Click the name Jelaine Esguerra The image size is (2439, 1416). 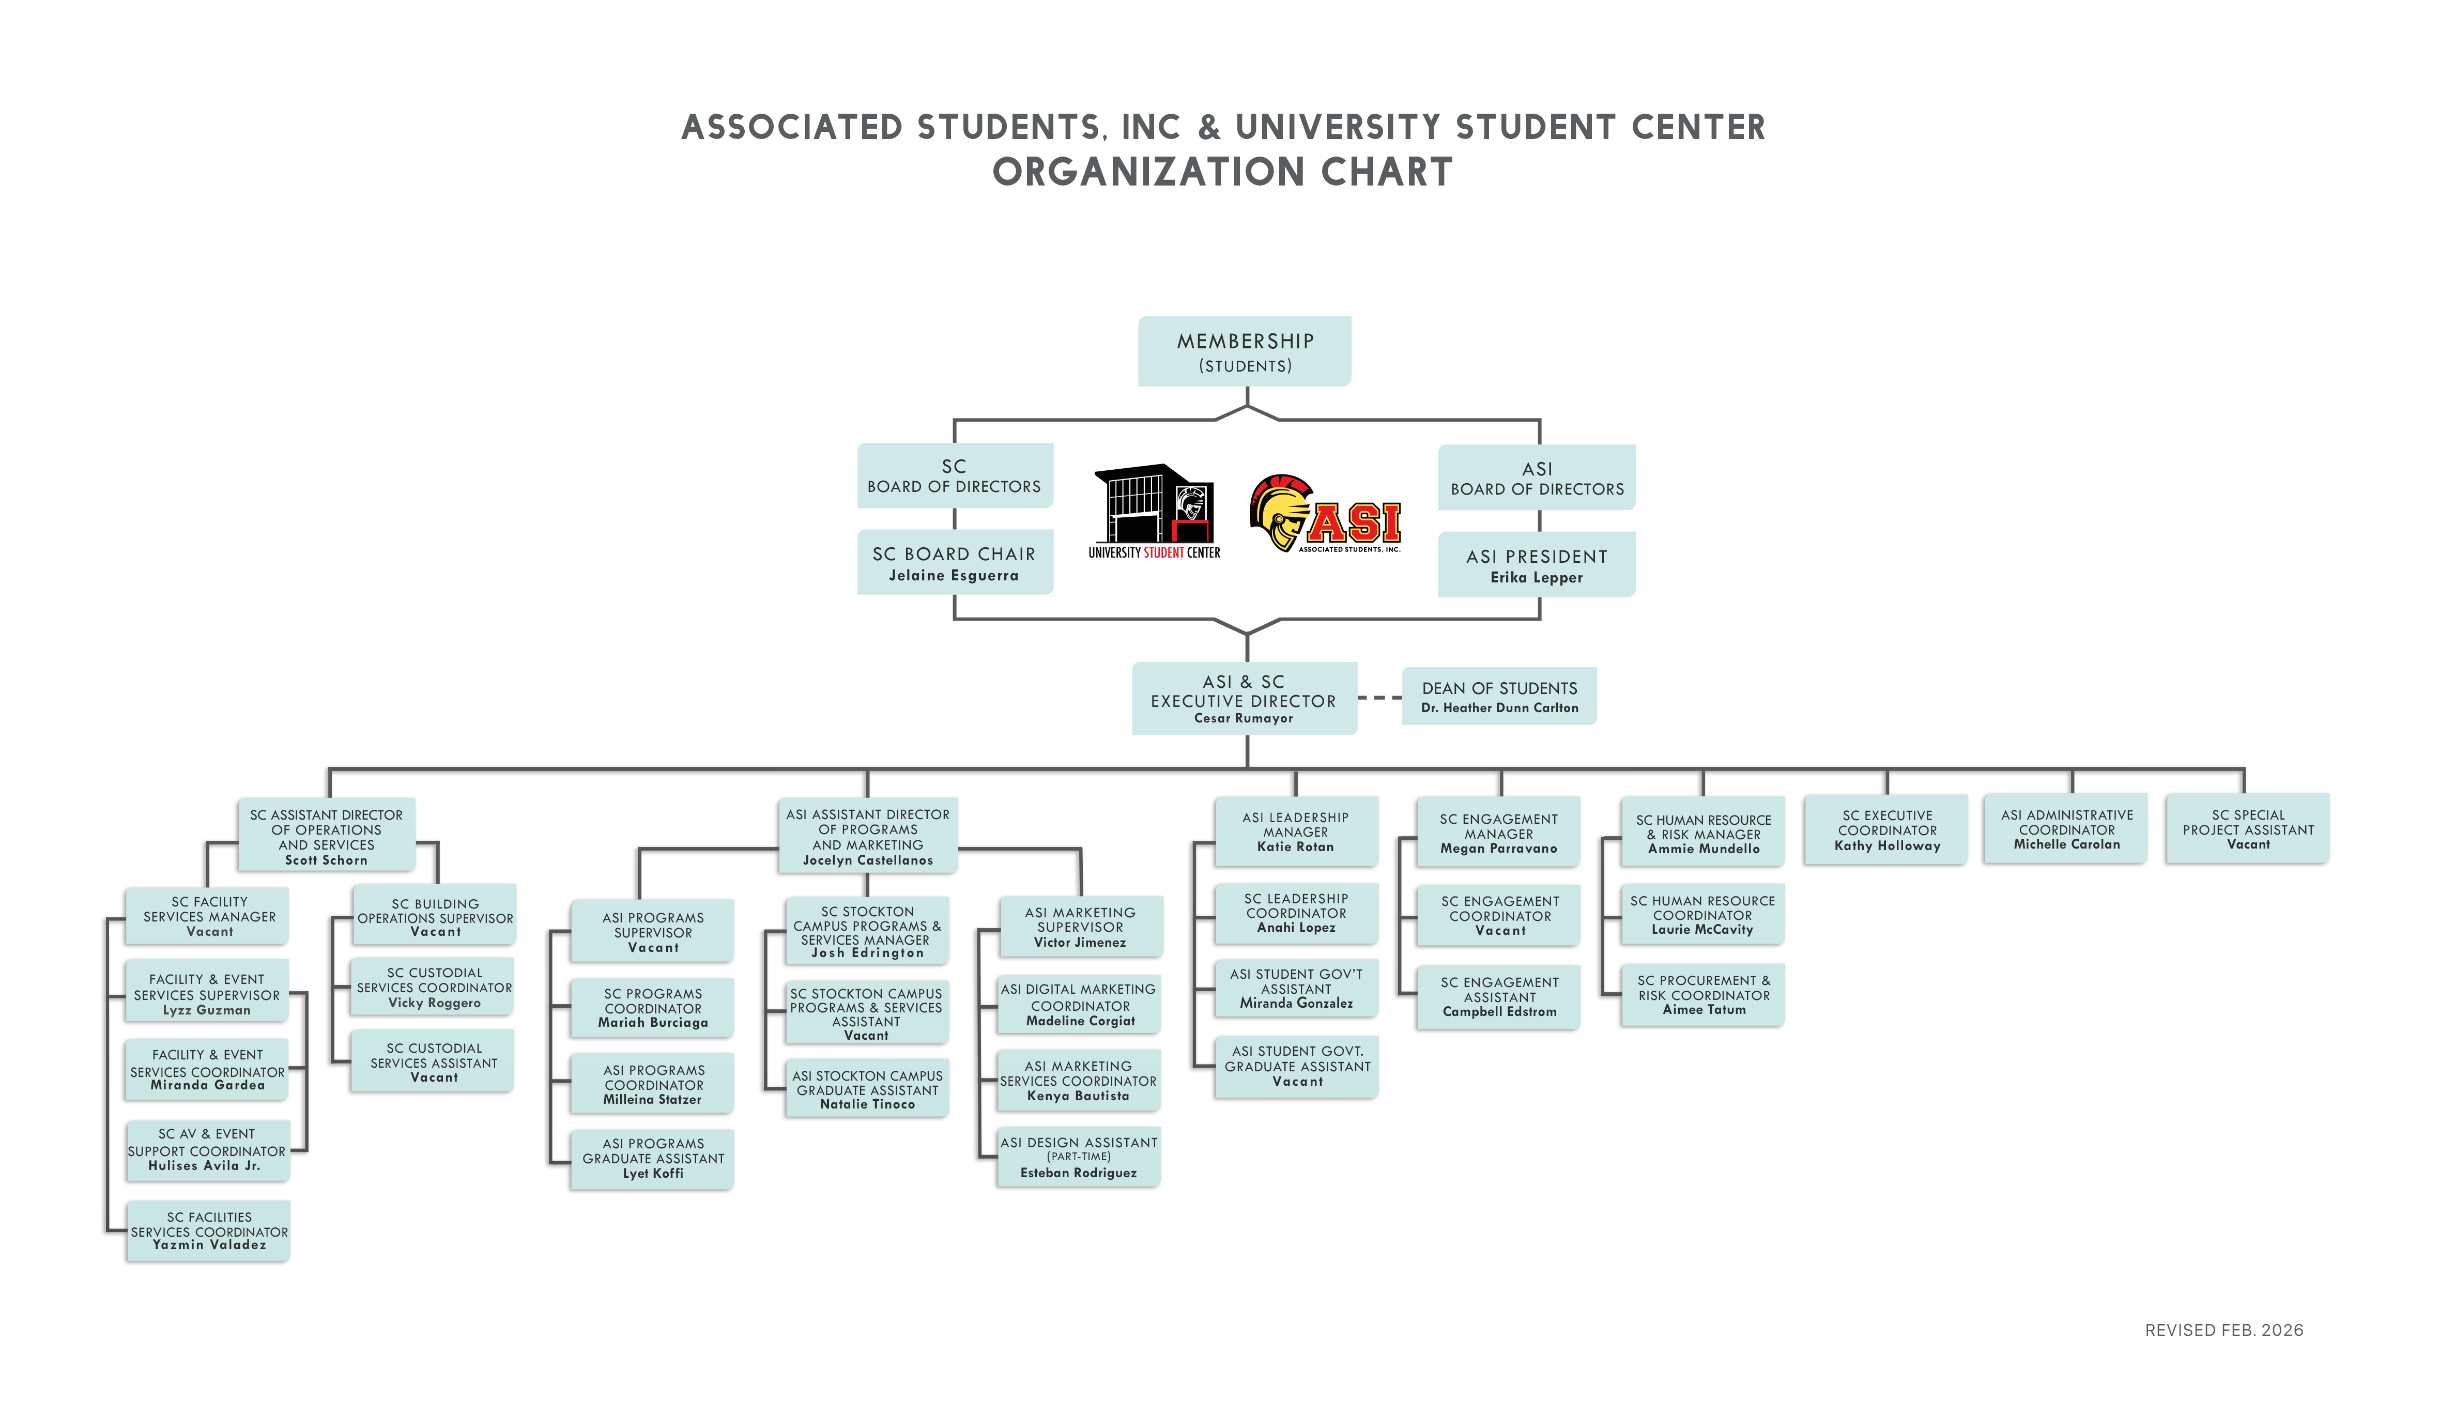[954, 576]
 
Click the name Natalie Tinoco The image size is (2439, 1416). [867, 1104]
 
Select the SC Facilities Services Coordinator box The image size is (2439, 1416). [208, 1230]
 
